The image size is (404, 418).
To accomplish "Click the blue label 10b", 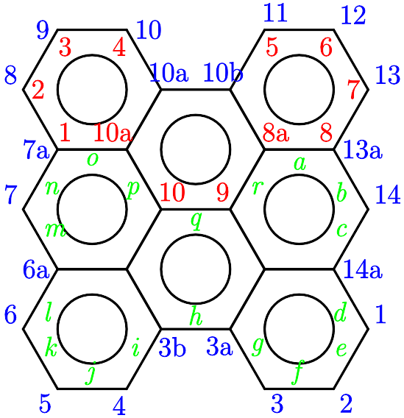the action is (223, 73).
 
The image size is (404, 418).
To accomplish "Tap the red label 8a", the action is (276, 132).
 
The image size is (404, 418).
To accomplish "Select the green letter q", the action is (196, 221).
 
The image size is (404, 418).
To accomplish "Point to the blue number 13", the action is (388, 75).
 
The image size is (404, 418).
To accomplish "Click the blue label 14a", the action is (363, 269).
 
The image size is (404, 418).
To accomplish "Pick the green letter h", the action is (196, 316).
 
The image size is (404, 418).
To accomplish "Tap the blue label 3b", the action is (172, 348).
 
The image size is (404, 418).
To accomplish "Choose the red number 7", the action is (354, 89).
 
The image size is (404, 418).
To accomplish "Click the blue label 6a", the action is (36, 269).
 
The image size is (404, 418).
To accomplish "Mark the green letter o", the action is (93, 160).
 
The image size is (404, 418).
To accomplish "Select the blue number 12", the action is (353, 15).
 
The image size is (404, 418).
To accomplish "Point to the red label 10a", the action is (113, 132).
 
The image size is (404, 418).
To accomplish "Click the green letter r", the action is (258, 187).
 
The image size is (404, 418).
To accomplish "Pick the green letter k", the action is (51, 347).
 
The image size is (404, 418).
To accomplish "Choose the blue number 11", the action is (275, 13).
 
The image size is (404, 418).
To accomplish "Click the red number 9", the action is (223, 192).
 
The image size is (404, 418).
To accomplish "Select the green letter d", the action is (340, 312).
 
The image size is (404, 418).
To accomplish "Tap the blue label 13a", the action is (363, 149).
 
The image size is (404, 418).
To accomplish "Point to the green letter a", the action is (300, 163).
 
